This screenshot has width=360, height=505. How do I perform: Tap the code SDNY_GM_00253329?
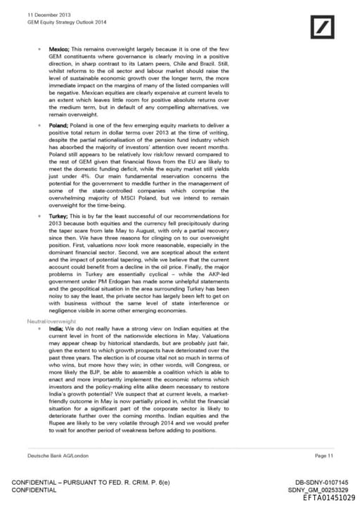(319, 490)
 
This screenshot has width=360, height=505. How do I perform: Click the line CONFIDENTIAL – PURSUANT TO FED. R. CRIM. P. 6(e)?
(91, 482)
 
